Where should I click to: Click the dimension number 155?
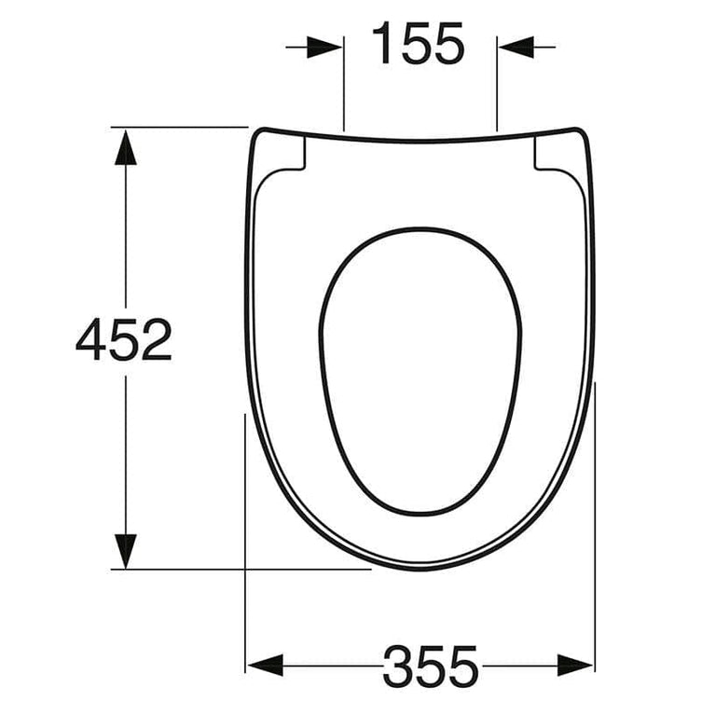click(419, 44)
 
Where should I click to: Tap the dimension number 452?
click(124, 339)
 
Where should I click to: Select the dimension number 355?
click(431, 667)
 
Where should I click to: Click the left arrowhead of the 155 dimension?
click(324, 47)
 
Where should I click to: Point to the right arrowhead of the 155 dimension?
click(515, 47)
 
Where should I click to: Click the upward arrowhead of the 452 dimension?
click(126, 147)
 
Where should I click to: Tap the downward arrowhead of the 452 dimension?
click(126, 551)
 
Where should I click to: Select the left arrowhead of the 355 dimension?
click(265, 666)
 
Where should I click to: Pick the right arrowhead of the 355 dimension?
click(575, 666)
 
